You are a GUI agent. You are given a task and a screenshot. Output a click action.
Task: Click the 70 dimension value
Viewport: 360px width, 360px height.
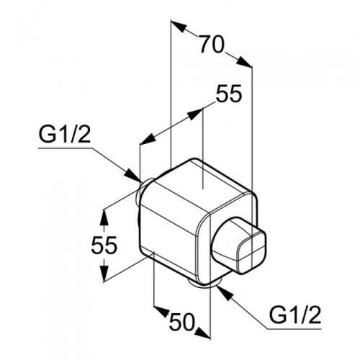coord(212,45)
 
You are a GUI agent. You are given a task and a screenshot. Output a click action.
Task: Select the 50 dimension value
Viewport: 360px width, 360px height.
coord(181,322)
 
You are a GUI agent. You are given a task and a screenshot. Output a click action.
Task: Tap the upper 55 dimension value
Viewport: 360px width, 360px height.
coord(229,94)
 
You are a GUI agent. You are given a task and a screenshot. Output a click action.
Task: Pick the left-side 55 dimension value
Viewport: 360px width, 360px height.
coord(104,245)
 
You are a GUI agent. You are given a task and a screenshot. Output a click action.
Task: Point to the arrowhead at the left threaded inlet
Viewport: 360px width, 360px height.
coord(132,176)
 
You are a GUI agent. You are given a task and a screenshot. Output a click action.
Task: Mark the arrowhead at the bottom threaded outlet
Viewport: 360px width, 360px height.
coord(225,293)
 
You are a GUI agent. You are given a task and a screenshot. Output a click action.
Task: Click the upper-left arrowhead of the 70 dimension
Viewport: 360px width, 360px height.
coord(179,26)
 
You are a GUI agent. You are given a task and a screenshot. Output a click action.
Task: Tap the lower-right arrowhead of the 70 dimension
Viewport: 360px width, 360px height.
coord(244,62)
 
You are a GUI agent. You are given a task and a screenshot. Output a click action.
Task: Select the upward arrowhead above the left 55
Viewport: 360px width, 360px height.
coord(104,217)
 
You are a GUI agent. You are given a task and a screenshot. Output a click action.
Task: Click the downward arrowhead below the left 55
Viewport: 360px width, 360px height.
coord(104,273)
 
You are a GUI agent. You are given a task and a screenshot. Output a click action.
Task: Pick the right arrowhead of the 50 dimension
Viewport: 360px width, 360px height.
coord(203,333)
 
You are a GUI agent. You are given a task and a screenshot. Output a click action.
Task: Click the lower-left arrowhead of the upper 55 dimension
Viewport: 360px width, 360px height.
coord(147,140)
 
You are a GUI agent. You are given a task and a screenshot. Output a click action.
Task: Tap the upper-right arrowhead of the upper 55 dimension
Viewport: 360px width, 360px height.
coord(195,114)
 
